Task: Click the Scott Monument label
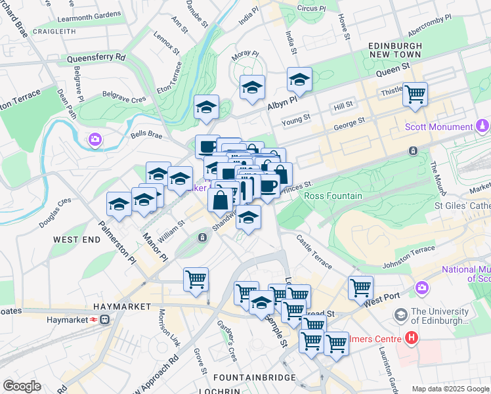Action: click(x=438, y=127)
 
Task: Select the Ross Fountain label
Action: click(x=333, y=196)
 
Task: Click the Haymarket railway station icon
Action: click(x=104, y=320)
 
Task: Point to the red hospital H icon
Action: click(x=412, y=338)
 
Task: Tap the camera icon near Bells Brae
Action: click(x=95, y=139)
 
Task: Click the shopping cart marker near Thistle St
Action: click(x=415, y=94)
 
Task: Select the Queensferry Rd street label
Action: click(x=96, y=58)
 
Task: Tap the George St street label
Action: click(x=349, y=123)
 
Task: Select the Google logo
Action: click(x=22, y=386)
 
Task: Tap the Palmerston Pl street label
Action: click(x=117, y=242)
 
